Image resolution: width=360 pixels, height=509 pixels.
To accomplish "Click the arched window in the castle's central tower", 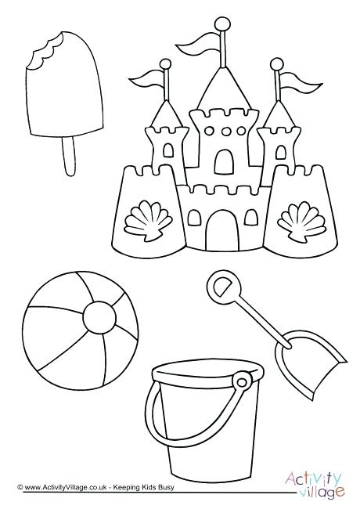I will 223,161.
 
